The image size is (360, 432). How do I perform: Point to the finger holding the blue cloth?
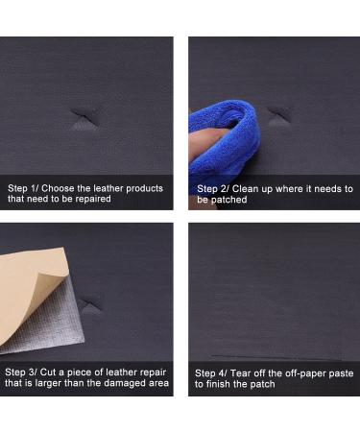click(204, 143)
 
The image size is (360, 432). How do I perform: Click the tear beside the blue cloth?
click(279, 115)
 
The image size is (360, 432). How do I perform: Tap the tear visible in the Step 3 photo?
click(90, 305)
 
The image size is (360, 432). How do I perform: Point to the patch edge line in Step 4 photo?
click(276, 357)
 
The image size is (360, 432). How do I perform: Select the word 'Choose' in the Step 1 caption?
click(58, 188)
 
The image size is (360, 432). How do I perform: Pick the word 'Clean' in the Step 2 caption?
click(245, 189)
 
